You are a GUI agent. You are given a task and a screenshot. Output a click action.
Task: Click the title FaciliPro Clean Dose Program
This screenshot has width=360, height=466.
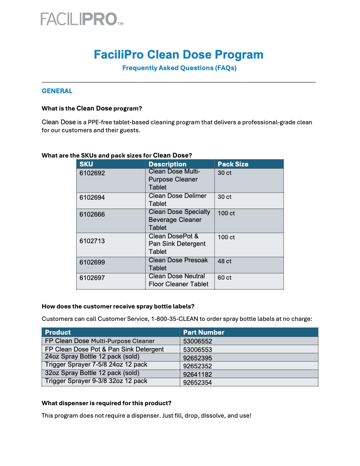(x=179, y=55)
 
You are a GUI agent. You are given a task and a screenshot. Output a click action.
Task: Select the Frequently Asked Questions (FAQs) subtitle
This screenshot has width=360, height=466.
(x=179, y=68)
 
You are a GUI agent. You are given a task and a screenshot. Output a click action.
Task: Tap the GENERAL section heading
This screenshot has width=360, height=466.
(x=57, y=91)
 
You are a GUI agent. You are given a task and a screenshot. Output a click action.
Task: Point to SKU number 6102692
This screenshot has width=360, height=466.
(x=92, y=173)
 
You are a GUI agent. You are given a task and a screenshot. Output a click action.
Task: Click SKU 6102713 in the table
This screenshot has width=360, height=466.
(x=92, y=241)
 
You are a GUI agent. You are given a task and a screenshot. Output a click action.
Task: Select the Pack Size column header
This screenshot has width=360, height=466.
(x=233, y=164)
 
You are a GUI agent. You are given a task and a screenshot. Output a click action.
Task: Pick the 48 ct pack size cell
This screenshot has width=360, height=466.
(x=224, y=261)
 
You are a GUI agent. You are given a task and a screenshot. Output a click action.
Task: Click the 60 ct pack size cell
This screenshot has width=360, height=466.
(x=224, y=278)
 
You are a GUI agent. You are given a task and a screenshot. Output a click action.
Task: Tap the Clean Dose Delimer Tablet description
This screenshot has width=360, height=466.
(x=177, y=200)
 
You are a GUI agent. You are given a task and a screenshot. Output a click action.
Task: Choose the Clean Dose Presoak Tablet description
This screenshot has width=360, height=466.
(x=178, y=264)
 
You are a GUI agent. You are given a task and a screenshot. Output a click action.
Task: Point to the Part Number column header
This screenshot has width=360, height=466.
(x=203, y=332)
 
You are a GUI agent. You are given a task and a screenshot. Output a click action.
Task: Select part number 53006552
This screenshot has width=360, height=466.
(x=198, y=342)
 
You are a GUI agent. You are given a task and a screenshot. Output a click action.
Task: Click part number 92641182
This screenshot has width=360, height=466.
(x=198, y=374)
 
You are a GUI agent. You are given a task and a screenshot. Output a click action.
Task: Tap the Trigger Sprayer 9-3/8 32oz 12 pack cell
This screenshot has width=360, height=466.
(x=96, y=381)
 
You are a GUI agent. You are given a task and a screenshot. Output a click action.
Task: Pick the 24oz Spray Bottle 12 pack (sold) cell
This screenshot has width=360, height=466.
(x=92, y=357)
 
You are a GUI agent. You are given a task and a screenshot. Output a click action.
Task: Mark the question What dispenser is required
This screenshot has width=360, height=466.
(x=106, y=403)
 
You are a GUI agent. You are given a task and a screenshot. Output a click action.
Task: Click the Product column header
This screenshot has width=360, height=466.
(x=58, y=332)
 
